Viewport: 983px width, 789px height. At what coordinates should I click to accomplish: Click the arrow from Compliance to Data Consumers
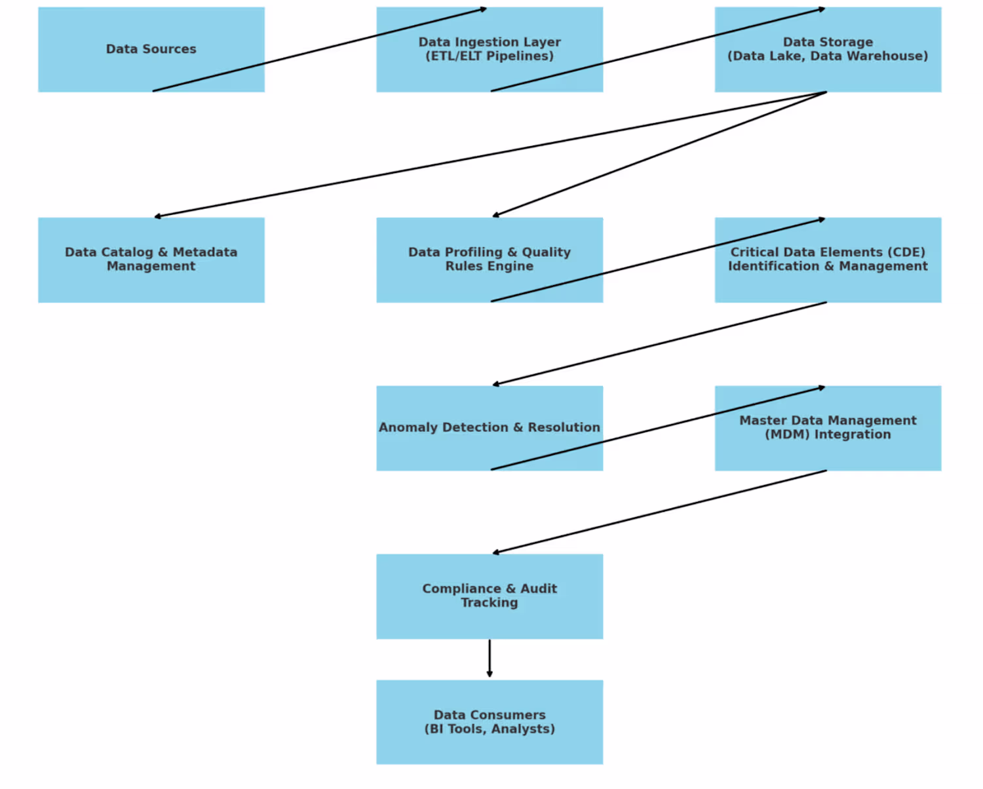[x=490, y=658]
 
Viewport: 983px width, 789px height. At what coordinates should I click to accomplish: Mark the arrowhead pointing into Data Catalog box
[x=158, y=216]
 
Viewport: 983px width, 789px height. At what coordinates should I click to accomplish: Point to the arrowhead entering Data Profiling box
[x=496, y=215]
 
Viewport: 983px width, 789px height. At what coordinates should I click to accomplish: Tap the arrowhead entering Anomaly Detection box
[x=496, y=385]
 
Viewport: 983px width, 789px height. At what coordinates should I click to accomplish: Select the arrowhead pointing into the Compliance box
[x=496, y=553]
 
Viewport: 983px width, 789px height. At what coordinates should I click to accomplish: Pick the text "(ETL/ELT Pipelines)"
[x=490, y=56]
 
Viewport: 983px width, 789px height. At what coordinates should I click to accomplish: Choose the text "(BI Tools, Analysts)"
[x=490, y=729]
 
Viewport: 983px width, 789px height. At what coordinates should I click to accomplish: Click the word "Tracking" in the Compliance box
[x=490, y=603]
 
